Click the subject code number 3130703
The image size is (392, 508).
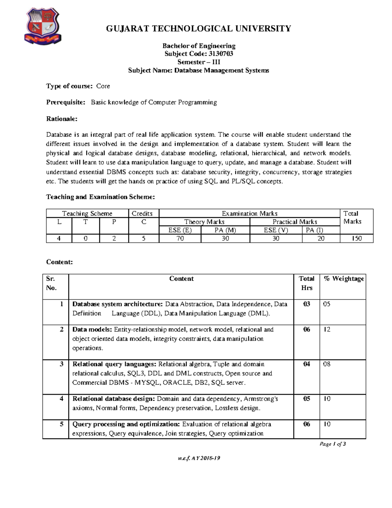(x=221, y=54)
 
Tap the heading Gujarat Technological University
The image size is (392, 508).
(x=198, y=29)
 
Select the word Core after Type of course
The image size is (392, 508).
(x=103, y=86)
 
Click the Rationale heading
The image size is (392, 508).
(x=62, y=119)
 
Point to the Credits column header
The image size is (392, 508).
(x=142, y=214)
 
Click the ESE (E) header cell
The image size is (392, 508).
(x=180, y=230)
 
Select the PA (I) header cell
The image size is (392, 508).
(x=314, y=230)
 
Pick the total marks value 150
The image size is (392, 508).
(x=356, y=238)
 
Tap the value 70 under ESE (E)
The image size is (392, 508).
(x=180, y=238)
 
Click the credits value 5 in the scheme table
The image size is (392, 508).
(x=144, y=238)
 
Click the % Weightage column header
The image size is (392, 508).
(x=344, y=279)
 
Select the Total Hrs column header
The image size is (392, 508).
(x=306, y=283)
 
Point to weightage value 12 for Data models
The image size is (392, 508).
(x=327, y=329)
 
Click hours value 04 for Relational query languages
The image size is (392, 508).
(x=306, y=364)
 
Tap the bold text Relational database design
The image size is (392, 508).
(x=113, y=399)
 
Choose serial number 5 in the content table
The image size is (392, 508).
(x=61, y=424)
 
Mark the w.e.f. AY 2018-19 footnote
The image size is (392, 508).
(x=199, y=458)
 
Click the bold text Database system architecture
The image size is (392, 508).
(x=117, y=304)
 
